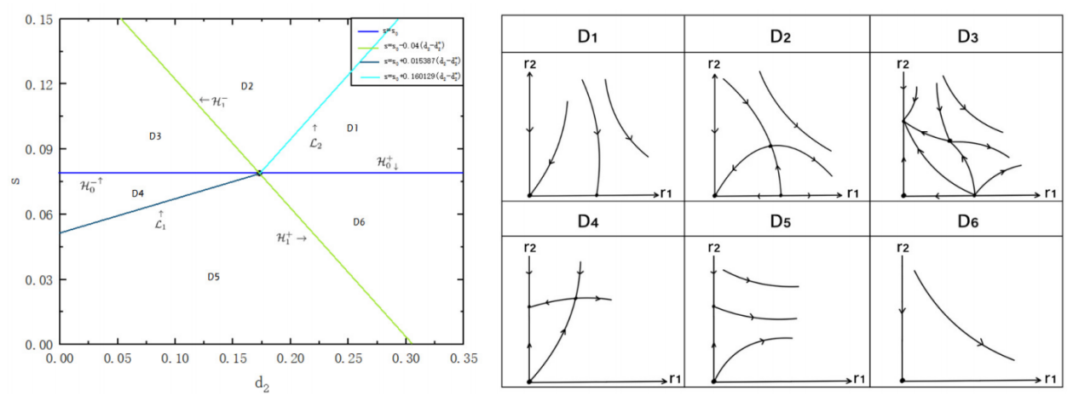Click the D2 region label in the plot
(247, 86)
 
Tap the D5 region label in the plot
(214, 277)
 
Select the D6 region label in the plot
(359, 222)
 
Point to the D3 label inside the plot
(155, 136)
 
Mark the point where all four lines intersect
(259, 173)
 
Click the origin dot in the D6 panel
(902, 381)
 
